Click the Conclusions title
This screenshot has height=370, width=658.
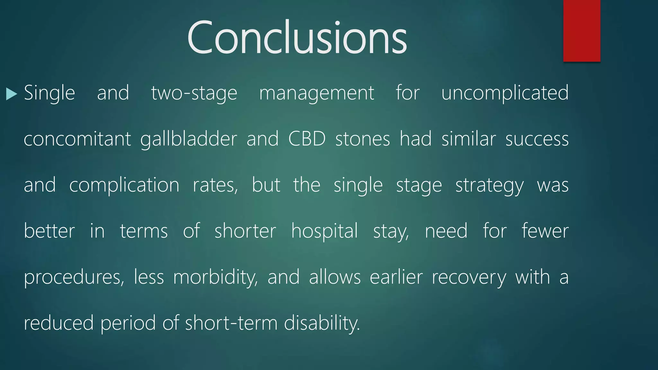click(297, 38)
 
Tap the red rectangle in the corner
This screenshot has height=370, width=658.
click(582, 31)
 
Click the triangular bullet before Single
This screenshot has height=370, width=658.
click(11, 94)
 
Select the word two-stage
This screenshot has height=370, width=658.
click(194, 93)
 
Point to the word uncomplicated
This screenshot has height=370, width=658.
click(505, 93)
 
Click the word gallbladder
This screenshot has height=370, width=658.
click(189, 139)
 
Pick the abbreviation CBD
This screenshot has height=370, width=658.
click(307, 139)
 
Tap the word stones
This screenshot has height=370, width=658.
click(362, 139)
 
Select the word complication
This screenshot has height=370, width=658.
click(124, 185)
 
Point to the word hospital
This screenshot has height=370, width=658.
click(324, 231)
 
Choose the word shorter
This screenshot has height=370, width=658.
click(245, 231)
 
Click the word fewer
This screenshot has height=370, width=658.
click(545, 231)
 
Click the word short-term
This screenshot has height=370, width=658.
click(231, 323)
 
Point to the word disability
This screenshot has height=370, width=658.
click(322, 323)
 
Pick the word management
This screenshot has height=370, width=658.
click(316, 93)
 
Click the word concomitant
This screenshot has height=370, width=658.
click(77, 139)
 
